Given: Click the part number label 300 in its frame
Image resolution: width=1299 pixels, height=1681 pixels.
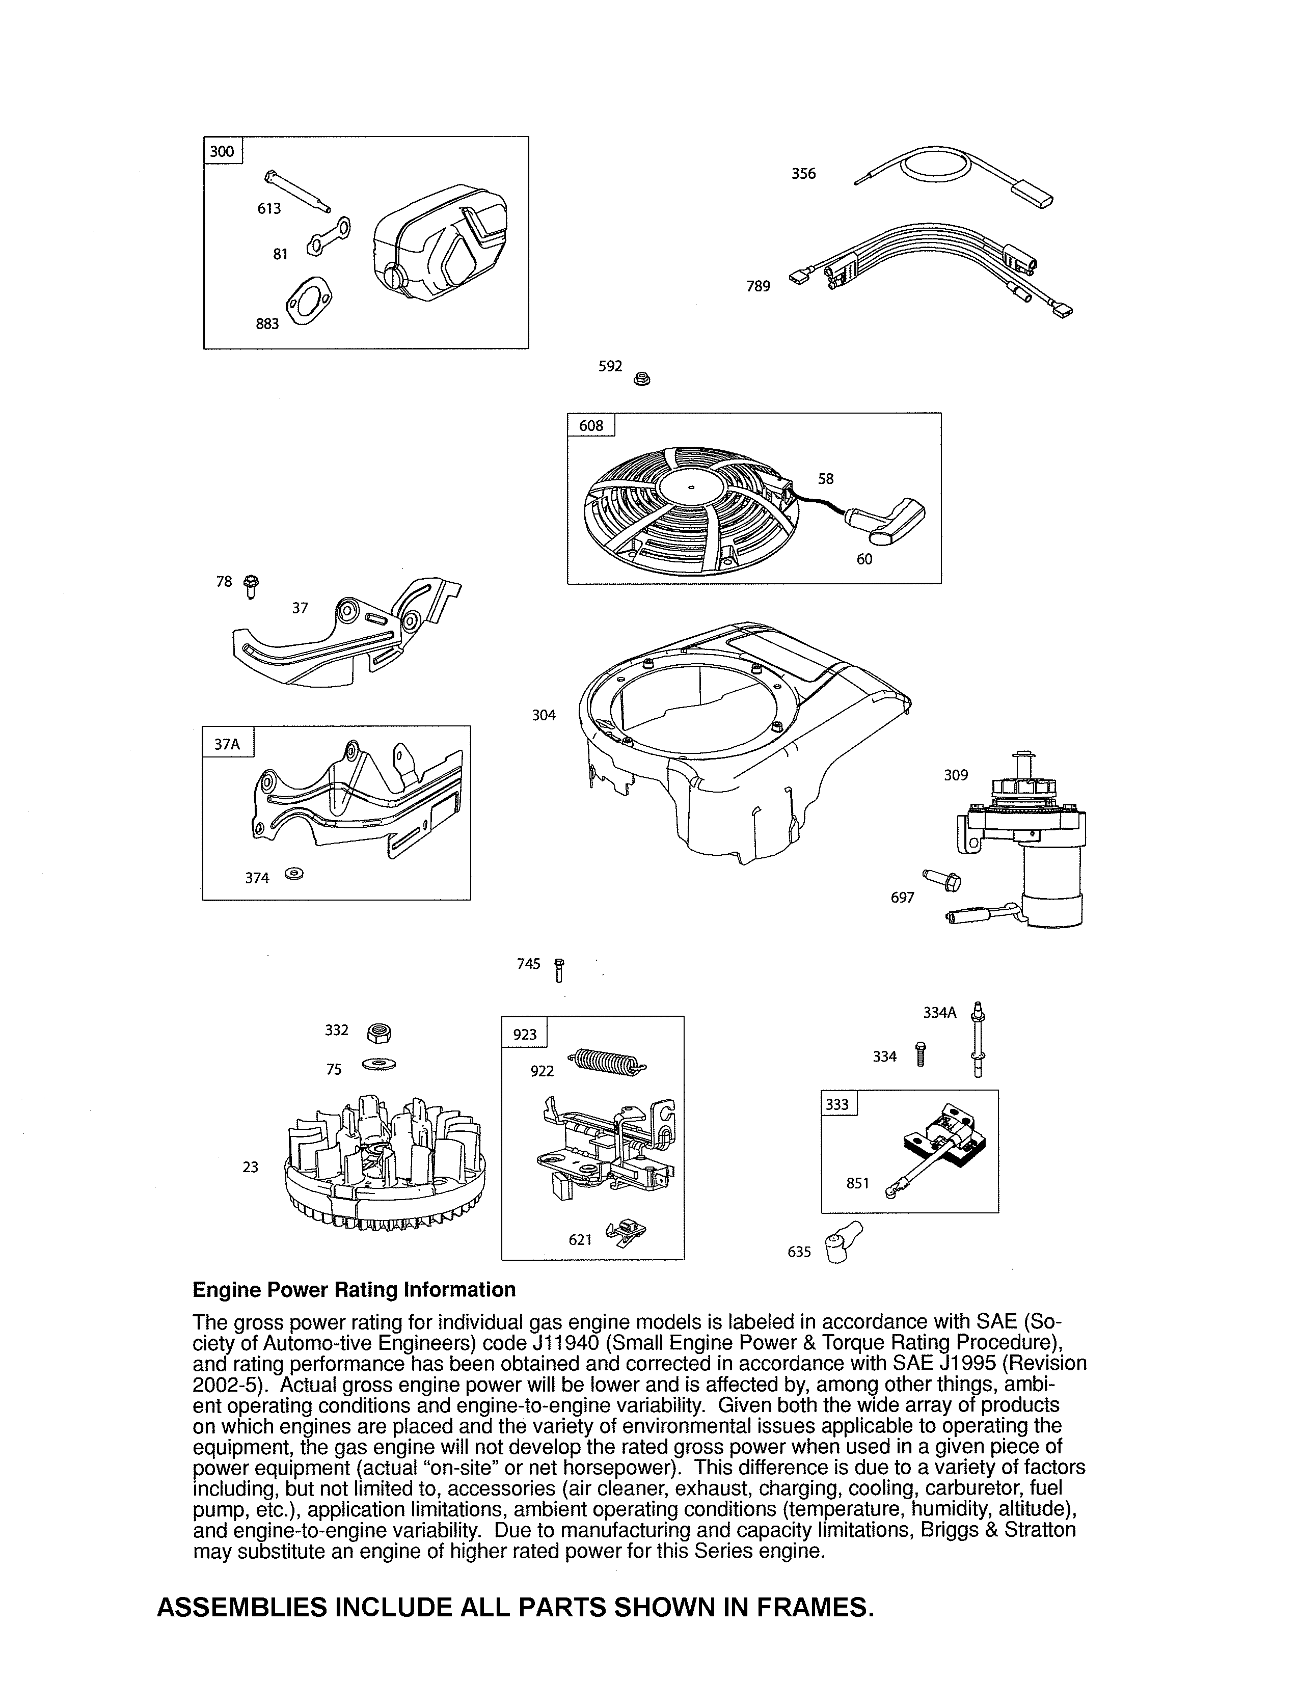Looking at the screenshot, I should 222,151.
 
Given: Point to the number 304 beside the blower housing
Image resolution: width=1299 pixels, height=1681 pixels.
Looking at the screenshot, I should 544,715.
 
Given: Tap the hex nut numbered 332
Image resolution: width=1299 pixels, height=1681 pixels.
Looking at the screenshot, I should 378,1033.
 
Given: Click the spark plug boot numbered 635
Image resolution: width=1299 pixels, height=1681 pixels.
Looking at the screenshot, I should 841,1241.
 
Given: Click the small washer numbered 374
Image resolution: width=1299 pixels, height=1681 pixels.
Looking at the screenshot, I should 294,874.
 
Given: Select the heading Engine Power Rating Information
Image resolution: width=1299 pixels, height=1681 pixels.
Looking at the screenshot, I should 354,1289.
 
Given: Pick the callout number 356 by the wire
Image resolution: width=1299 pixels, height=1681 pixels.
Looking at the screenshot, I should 803,174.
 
